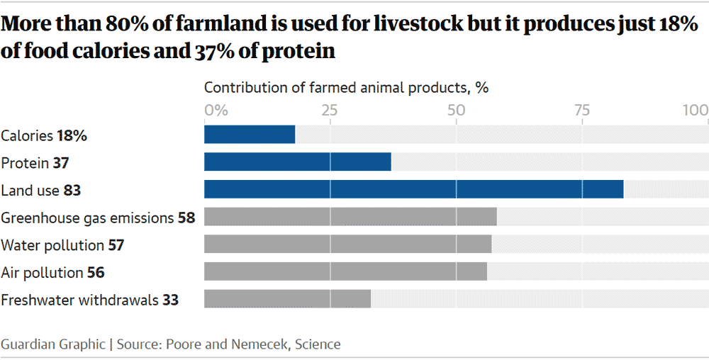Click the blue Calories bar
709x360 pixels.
(x=250, y=135)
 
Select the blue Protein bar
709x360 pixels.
(x=298, y=162)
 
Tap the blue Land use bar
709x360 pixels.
(x=413, y=189)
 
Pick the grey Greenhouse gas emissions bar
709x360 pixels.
(x=350, y=217)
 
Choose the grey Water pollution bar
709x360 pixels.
(x=347, y=244)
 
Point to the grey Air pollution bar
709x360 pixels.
(x=345, y=271)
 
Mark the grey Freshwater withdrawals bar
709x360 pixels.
(x=287, y=298)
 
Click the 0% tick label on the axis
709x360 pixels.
(x=216, y=111)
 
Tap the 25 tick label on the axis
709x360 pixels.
(x=330, y=111)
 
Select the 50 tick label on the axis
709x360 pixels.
(x=456, y=111)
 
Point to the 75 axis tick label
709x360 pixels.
(x=581, y=111)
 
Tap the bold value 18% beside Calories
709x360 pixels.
(x=72, y=136)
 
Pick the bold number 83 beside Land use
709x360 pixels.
(x=72, y=191)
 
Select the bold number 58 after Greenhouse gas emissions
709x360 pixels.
(x=186, y=218)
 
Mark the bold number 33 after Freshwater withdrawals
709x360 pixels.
(x=170, y=300)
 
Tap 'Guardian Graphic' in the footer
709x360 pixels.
(x=52, y=344)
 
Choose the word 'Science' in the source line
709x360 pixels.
(x=318, y=344)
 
